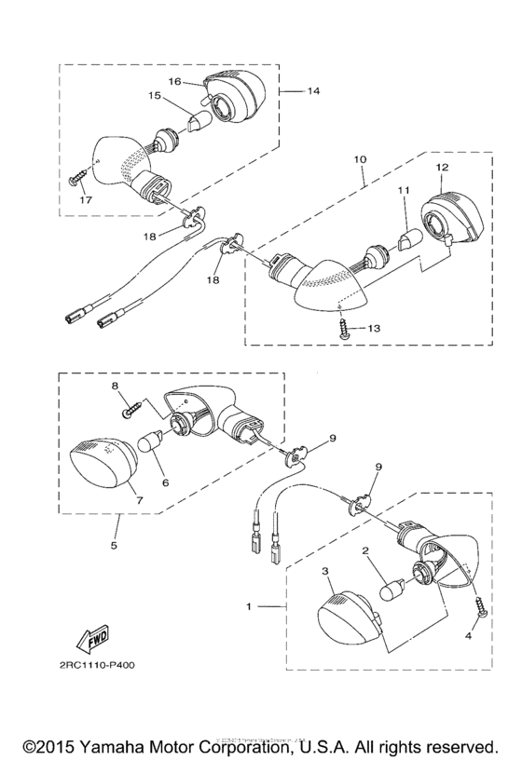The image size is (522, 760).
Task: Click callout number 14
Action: pos(313,91)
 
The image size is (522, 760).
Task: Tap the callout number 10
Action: pos(360,160)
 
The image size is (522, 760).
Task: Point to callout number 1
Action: pos(248,606)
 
